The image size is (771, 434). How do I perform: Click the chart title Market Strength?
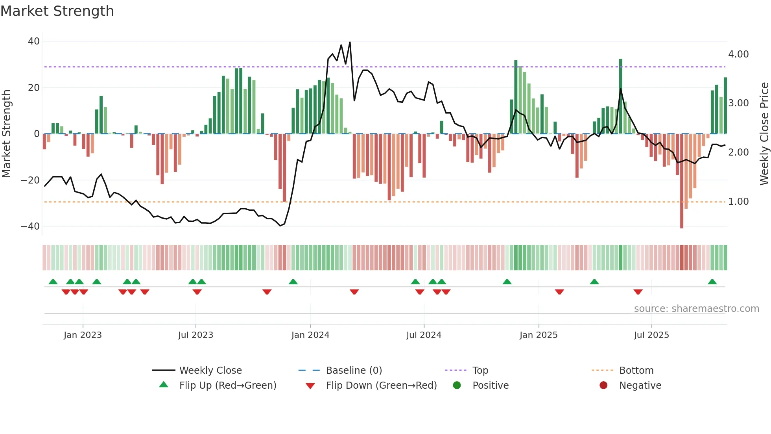57,11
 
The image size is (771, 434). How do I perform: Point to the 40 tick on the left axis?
34,41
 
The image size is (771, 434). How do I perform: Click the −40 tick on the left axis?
30,226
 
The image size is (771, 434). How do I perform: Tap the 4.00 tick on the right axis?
738,54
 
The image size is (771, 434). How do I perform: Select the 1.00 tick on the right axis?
738,202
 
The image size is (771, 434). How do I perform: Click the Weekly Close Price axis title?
764,134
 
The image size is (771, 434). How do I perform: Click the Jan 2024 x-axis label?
310,335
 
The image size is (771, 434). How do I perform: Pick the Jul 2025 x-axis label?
651,335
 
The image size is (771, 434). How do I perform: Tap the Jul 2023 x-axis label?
196,335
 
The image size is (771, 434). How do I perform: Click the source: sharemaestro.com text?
696,309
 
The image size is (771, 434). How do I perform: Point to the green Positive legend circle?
457,386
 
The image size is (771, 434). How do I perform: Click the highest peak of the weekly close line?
350,43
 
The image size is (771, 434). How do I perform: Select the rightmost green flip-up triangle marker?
712,282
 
